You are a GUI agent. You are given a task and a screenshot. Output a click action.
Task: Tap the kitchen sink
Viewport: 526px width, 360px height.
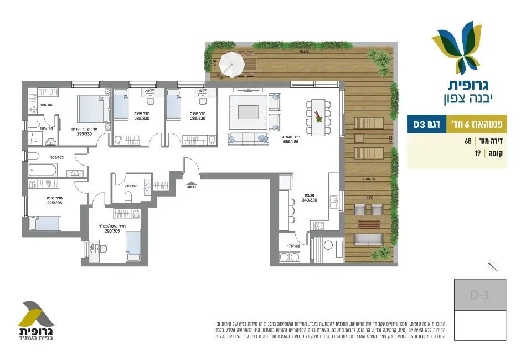pos(334,198)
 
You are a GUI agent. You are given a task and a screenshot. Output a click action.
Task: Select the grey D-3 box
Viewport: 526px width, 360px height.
pos(479,295)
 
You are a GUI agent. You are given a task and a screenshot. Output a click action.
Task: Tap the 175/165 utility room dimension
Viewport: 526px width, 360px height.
pos(294,245)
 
